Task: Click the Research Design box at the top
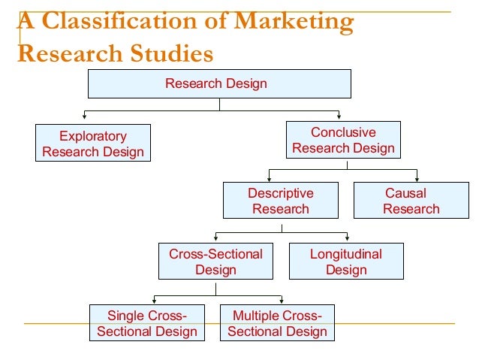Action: pyautogui.click(x=219, y=83)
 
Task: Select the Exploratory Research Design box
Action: pyautogui.click(x=93, y=144)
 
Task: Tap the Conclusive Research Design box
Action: pyautogui.click(x=343, y=140)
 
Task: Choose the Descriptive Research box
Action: pyautogui.click(x=281, y=201)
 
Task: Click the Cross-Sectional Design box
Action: pyautogui.click(x=215, y=262)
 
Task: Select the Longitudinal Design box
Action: pyautogui.click(x=346, y=262)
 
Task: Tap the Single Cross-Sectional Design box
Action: pyautogui.click(x=147, y=323)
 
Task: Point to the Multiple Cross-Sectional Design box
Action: pyautogui.click(x=277, y=323)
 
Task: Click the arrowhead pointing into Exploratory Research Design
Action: pyautogui.click(x=83, y=117)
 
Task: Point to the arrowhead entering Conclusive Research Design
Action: pyautogui.click(x=339, y=117)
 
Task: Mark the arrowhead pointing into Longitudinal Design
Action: pyautogui.click(x=347, y=238)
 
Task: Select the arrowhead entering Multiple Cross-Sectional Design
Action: pyautogui.click(x=282, y=300)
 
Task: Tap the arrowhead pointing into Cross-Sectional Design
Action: pyautogui.click(x=215, y=238)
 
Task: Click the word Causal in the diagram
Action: pyautogui.click(x=405, y=193)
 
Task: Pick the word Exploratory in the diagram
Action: pyautogui.click(x=93, y=136)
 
